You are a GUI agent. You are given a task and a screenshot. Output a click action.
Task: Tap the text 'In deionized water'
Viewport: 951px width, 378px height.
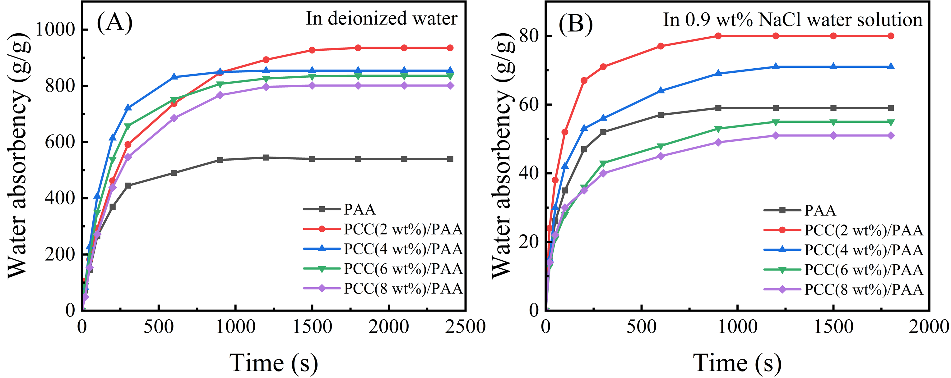381,18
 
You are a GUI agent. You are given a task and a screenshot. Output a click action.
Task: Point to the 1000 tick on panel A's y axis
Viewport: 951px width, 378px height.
55,29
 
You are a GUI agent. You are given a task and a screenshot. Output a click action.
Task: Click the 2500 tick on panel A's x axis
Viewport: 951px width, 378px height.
465,327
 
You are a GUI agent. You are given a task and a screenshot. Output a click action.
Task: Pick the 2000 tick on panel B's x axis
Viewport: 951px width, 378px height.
929,327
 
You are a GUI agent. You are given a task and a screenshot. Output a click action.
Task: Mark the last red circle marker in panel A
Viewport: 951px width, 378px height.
450,48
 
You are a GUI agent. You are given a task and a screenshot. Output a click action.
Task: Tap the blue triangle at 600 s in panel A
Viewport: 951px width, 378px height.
174,77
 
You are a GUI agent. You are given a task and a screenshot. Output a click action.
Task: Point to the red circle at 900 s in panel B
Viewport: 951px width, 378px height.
718,36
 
